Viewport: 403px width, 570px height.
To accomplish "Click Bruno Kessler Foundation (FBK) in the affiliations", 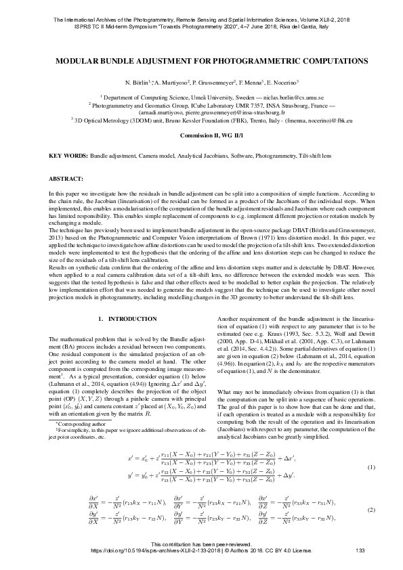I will (207, 119).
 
